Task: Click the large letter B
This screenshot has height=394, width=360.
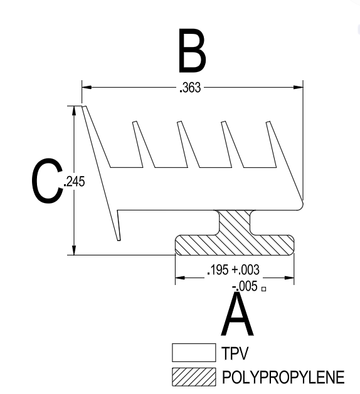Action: click(193, 51)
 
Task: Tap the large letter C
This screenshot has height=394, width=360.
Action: click(48, 180)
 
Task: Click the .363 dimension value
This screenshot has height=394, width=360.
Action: click(190, 88)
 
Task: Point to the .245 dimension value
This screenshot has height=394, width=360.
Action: click(75, 182)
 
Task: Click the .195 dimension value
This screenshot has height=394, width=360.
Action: click(218, 270)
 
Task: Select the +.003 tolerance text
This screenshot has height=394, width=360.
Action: click(245, 270)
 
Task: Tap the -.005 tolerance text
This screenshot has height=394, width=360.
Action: click(245, 286)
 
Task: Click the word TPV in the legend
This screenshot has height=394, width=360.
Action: click(235, 353)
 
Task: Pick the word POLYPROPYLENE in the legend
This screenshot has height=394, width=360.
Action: click(283, 377)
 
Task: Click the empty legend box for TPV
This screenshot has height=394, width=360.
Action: click(194, 353)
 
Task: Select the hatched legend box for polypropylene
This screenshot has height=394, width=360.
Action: click(194, 377)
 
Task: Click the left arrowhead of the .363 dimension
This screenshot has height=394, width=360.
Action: click(87, 88)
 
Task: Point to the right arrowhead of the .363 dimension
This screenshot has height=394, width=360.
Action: click(299, 88)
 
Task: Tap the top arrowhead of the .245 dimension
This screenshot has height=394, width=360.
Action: click(74, 111)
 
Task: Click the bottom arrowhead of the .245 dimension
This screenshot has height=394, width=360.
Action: click(74, 251)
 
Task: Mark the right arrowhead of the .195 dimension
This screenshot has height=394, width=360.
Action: click(289, 278)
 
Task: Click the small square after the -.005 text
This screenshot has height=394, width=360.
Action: click(263, 289)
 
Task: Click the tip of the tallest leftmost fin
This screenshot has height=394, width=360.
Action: click(84, 106)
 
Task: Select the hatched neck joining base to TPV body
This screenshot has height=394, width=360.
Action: click(235, 222)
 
